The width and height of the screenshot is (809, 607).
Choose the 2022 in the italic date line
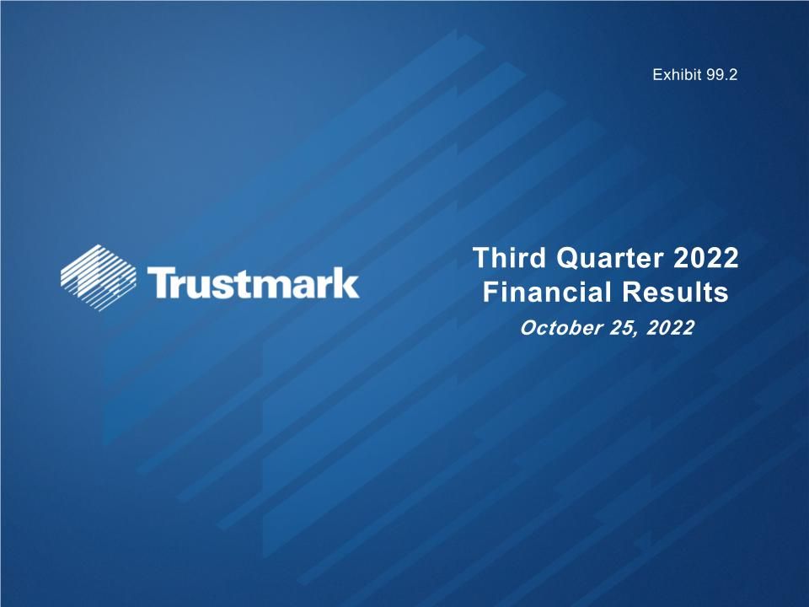click(669, 328)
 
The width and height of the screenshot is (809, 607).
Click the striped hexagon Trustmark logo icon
click(99, 277)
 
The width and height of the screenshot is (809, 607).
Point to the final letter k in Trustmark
click(346, 282)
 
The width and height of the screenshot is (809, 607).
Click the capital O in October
click(528, 328)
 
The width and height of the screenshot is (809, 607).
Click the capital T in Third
click(480, 257)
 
